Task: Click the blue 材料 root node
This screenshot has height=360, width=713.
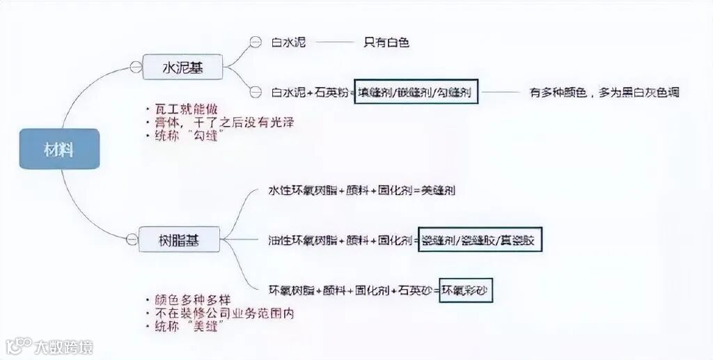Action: click(x=59, y=149)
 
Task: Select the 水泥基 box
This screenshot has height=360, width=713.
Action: click(x=182, y=68)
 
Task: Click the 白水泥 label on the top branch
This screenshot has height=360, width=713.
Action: click(x=289, y=42)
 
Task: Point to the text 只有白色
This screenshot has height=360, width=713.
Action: click(x=386, y=42)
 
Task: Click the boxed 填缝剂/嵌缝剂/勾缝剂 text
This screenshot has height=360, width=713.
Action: click(x=416, y=92)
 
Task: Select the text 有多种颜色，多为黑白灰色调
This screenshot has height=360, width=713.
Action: click(x=604, y=92)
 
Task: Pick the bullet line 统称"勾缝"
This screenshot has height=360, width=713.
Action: click(x=188, y=136)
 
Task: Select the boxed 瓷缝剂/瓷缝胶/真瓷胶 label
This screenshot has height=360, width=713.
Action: click(x=480, y=240)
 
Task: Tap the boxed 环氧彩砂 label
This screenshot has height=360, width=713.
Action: click(x=465, y=290)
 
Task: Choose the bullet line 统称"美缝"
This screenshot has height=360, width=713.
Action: click(x=188, y=327)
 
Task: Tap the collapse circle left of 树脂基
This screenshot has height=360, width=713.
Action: click(x=132, y=240)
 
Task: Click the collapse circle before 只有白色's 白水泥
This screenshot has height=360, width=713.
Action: click(x=256, y=42)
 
